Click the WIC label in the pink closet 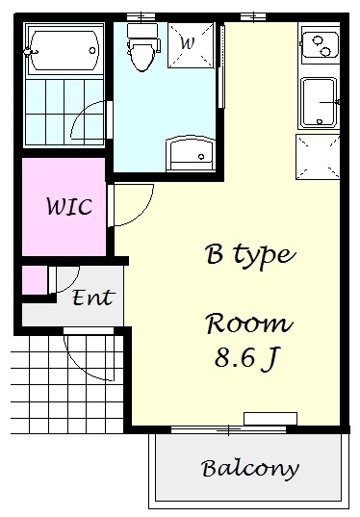69,206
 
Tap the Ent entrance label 93,297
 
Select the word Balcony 250,469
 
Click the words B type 250,255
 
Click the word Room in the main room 249,323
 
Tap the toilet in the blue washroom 142,47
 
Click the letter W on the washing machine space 188,43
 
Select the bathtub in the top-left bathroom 64,50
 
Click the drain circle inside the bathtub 92,51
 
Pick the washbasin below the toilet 191,154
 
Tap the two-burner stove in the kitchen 321,45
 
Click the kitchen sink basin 319,103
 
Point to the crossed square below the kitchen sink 318,157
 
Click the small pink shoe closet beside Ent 35,279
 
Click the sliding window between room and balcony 229,429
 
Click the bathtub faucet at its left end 31,52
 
